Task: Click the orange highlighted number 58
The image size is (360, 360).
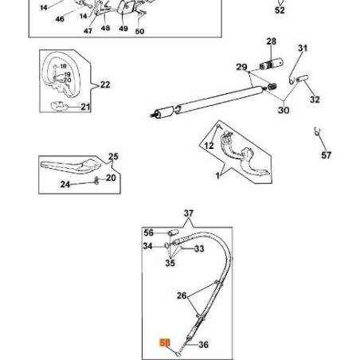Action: [x=166, y=343]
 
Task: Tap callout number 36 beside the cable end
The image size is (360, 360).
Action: [x=203, y=345]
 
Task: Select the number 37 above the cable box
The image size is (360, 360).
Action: [x=189, y=213]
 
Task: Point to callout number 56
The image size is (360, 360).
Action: [x=148, y=233]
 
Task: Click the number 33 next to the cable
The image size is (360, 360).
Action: [x=199, y=249]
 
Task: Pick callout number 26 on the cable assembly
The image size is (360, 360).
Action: [x=182, y=296]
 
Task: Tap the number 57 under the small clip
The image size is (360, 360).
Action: [x=326, y=155]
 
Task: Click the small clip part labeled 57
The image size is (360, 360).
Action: [x=317, y=131]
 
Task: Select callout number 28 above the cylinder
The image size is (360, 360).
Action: [x=271, y=41]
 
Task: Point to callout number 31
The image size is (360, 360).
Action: [x=302, y=49]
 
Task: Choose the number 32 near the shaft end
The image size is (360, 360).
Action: [x=315, y=100]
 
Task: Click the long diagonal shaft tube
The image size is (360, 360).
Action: [x=207, y=100]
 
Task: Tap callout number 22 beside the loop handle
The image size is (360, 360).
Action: [x=105, y=84]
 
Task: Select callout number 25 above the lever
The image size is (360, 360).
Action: [x=113, y=157]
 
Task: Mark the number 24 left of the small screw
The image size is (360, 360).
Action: [x=65, y=184]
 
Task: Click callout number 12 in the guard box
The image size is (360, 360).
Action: [x=209, y=146]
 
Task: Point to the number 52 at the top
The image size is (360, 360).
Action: [x=280, y=10]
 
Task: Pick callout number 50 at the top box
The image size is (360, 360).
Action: [x=139, y=31]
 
